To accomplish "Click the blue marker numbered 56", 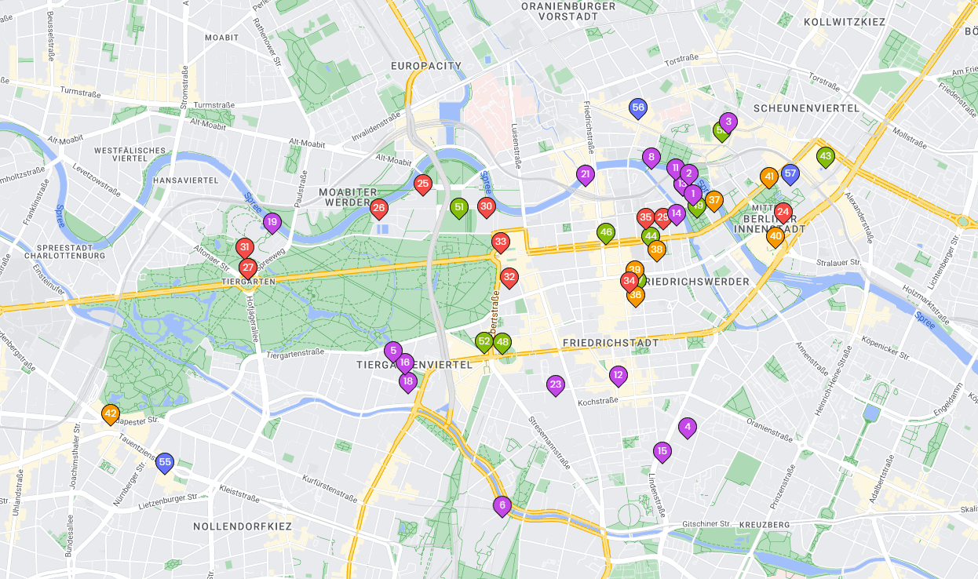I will click(638, 108).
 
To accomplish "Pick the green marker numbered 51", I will click(459, 208).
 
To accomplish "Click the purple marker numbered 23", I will click(556, 384).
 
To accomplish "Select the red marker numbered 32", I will click(509, 277).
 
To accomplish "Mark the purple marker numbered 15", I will click(662, 451).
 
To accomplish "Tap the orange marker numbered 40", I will click(775, 236).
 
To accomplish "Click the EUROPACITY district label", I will click(426, 66).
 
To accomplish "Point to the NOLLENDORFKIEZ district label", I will click(243, 526).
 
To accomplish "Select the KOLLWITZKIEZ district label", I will click(844, 22).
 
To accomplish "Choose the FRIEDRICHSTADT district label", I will click(610, 343).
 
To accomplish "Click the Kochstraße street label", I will click(597, 401).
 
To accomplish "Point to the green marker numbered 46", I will click(605, 232).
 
